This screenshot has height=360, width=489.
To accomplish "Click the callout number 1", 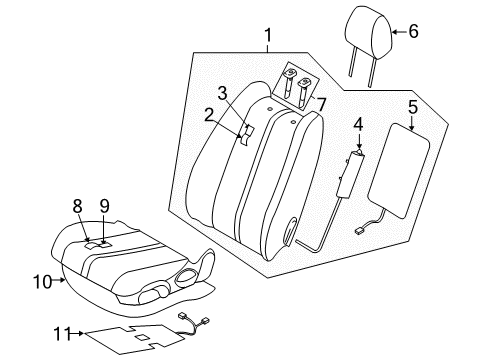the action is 268,35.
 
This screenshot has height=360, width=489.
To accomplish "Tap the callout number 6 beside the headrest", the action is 413,31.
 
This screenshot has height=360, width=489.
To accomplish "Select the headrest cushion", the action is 368,32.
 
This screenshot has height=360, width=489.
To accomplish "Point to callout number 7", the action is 321,105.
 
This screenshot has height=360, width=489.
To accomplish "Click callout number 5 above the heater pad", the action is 413,107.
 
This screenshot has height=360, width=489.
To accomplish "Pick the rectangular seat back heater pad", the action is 398,171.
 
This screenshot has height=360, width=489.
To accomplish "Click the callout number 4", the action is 358,124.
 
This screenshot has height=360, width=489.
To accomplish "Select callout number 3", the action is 222,93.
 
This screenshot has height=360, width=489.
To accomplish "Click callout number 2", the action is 209,116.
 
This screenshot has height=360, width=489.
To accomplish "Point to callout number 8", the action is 77,206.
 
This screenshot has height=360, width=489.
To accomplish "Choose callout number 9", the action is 104,206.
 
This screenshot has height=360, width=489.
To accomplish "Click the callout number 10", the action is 43,282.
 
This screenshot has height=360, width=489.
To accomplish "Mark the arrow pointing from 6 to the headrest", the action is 399,32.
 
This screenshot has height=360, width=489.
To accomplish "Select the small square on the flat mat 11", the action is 141,337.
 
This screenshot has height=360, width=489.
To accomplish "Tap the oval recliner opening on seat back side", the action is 290,231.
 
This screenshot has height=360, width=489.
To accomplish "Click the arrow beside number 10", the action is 59,280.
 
